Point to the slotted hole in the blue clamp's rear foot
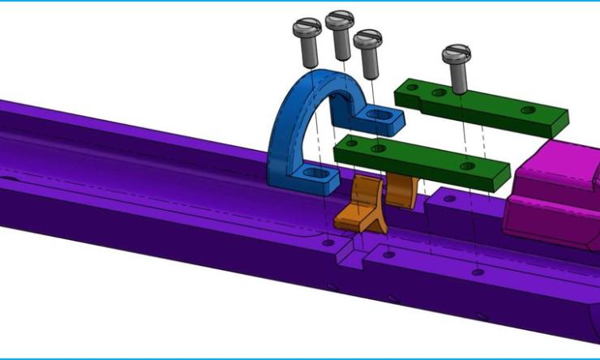[381, 117]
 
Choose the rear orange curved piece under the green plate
[399, 189]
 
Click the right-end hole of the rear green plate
[528, 109]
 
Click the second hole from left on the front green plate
[376, 149]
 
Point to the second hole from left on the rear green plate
[439, 93]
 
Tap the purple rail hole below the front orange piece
[327, 242]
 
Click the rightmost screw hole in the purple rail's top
[478, 272]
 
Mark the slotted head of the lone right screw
[456, 54]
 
